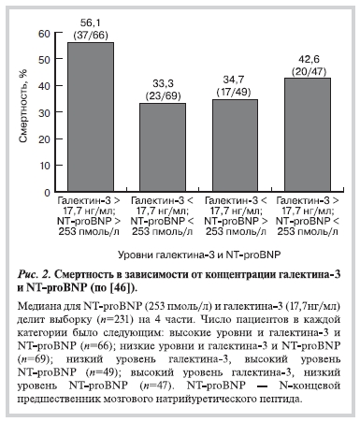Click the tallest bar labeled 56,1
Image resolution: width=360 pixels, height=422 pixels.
84,116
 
